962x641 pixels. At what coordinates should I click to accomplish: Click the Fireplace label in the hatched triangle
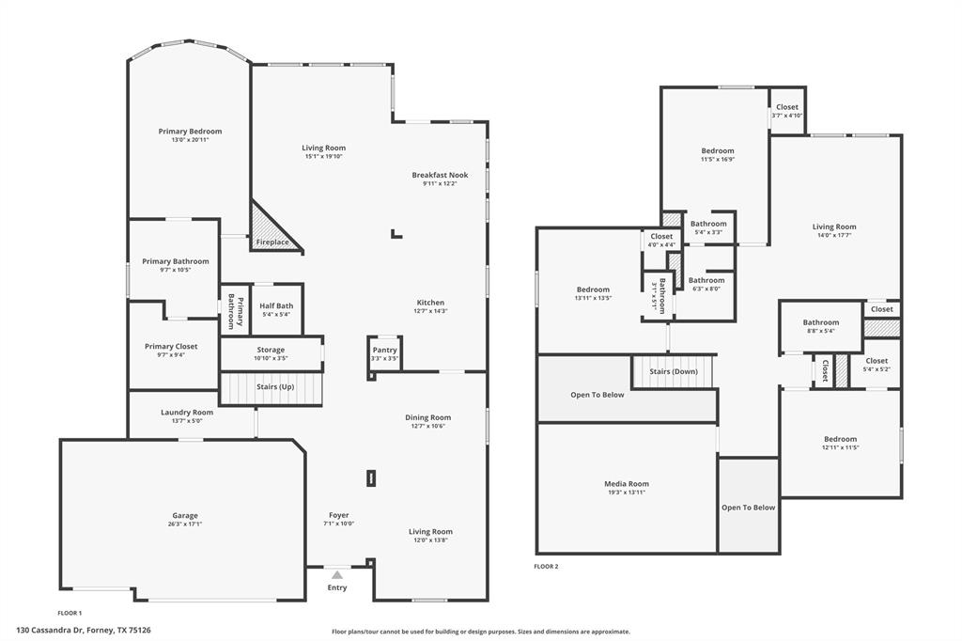coord(272,242)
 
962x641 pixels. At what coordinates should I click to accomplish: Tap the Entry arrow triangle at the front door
coord(337,575)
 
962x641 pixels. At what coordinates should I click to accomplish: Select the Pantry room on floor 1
coord(384,353)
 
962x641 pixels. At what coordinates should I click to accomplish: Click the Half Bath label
coord(276,305)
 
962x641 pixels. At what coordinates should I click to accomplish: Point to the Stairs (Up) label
coord(275,387)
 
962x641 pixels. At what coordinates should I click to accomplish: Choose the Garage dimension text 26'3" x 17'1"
coord(185,524)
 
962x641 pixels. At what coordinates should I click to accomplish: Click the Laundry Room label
coord(187,412)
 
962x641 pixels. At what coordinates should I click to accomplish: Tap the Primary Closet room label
coord(171,346)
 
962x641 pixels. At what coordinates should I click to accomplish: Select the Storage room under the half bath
coord(272,353)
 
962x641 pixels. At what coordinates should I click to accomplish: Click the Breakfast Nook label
coord(440,175)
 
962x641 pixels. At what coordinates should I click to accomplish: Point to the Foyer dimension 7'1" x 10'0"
coord(338,524)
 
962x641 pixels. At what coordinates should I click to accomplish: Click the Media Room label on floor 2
coord(627,484)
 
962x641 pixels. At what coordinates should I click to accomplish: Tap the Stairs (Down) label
coord(674,371)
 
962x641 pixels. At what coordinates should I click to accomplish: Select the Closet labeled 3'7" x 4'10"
coord(787,111)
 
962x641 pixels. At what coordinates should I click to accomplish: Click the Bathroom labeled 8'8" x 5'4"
coord(821,327)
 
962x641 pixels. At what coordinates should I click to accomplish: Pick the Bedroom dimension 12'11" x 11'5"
coord(841,447)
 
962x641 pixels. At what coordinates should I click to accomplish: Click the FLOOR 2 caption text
coord(546,567)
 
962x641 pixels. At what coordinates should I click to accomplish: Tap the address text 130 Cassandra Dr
coord(49,630)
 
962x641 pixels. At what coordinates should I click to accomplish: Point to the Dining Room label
coord(427,417)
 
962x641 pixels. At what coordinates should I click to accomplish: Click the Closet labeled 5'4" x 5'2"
coord(877,365)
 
